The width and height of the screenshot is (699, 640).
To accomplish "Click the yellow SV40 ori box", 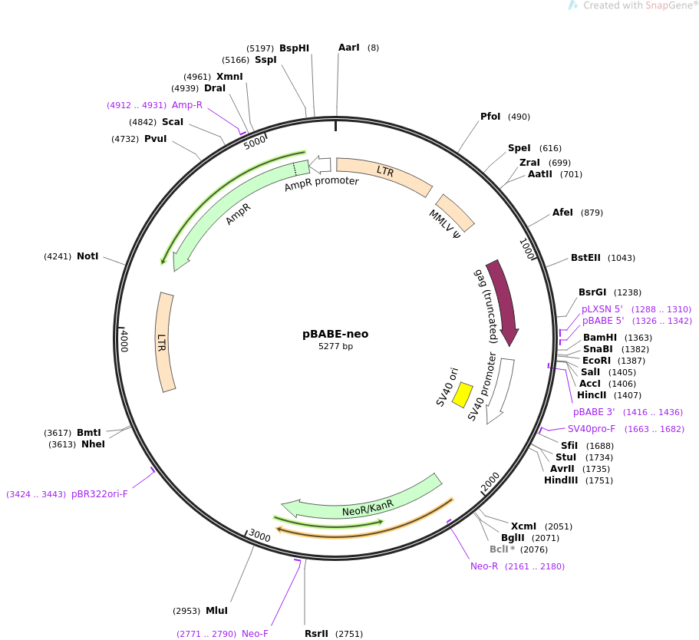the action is [462, 394].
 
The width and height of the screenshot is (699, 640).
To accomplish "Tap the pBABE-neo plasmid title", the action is [335, 334].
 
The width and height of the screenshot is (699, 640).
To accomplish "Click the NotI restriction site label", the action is [87, 256].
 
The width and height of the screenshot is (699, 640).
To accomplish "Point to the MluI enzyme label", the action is [216, 611].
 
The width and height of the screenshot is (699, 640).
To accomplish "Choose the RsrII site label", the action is [317, 634].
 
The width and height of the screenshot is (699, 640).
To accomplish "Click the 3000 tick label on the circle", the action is [259, 535].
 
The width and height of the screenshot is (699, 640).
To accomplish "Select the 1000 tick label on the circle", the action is [527, 249].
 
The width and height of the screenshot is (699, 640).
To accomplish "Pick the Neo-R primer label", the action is [484, 566].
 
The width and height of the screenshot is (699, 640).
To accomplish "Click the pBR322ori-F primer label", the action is [100, 494].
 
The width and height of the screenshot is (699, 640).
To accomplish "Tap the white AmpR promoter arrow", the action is [320, 164].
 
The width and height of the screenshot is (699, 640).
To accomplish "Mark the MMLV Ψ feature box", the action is [455, 213].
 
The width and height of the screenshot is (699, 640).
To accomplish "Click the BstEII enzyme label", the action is [585, 258].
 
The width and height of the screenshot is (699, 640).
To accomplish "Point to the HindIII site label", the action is [561, 480].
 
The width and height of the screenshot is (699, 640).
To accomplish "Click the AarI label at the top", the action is [348, 48].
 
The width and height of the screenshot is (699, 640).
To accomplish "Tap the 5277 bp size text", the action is [335, 347].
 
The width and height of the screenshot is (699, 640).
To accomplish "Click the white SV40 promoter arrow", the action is [500, 391].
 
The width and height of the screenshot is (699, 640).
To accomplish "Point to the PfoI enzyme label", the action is [490, 117].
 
